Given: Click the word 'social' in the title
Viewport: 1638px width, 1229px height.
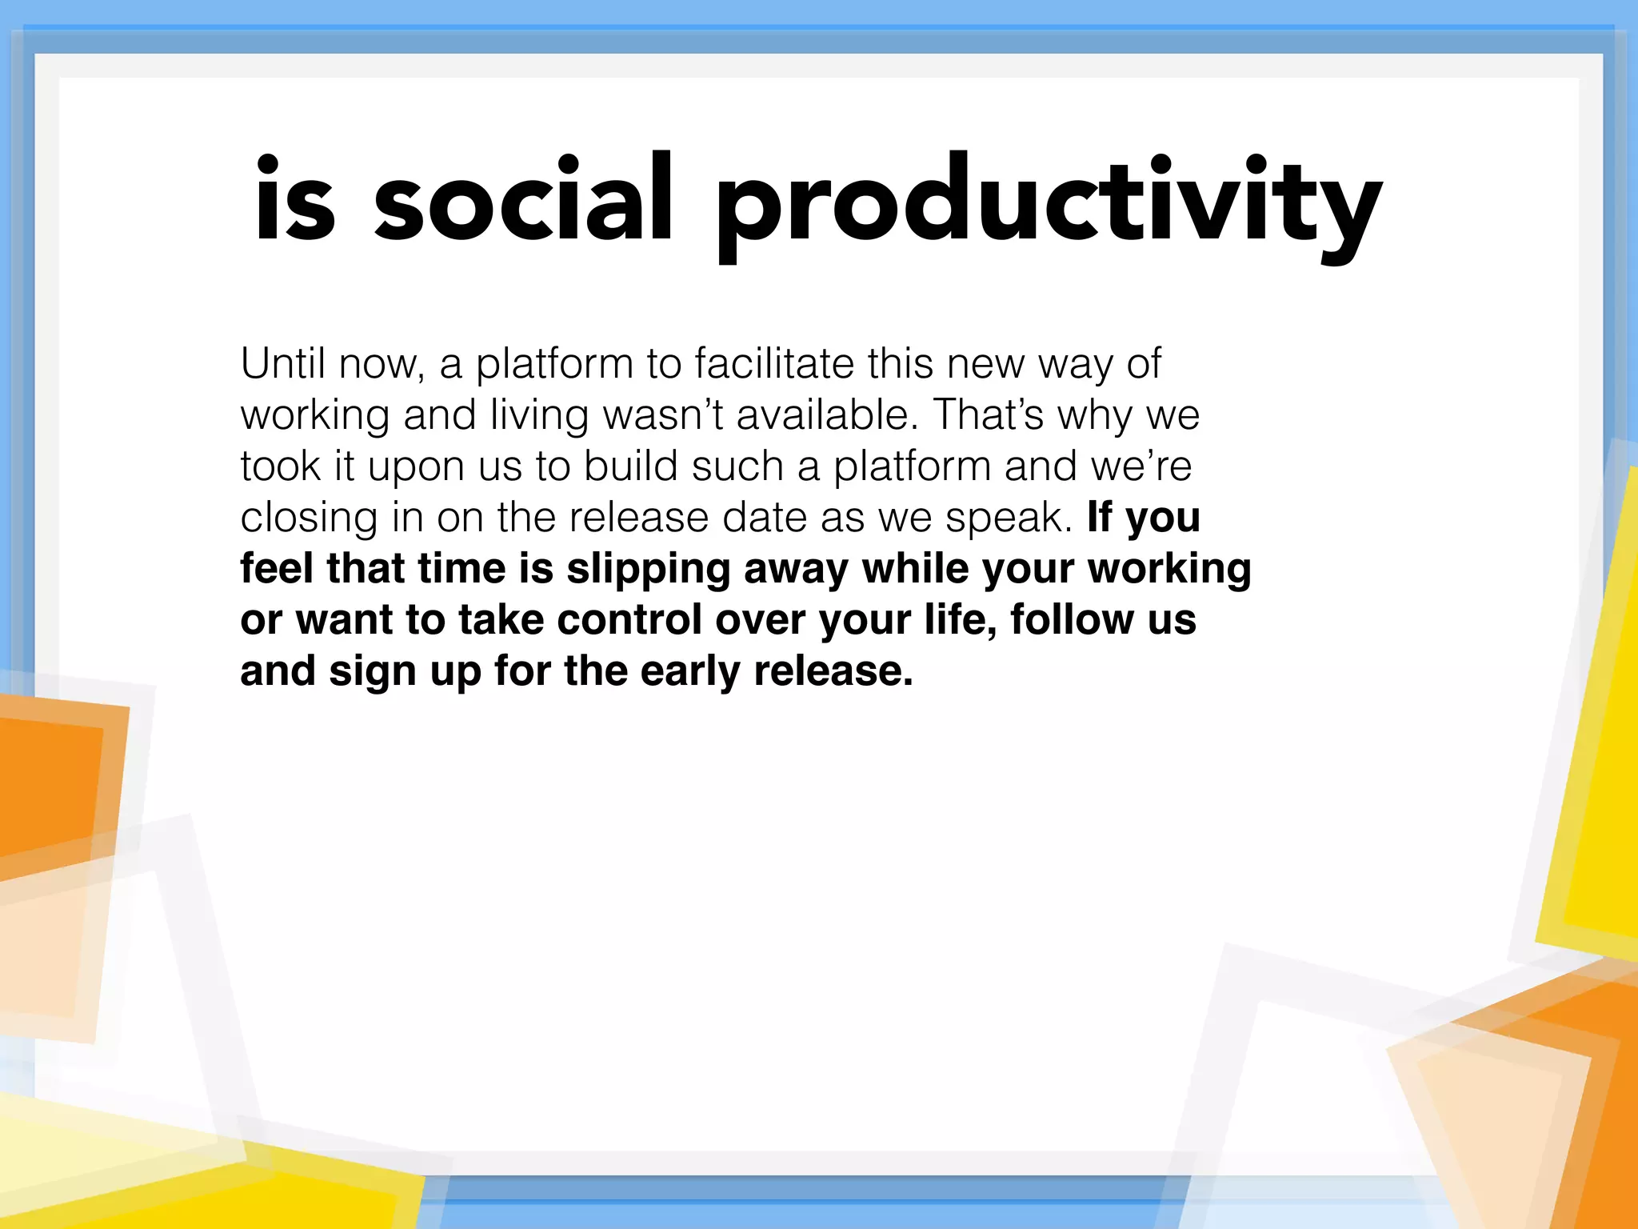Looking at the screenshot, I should coord(524,200).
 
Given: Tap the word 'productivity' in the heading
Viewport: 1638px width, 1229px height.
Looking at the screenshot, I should coord(1048,204).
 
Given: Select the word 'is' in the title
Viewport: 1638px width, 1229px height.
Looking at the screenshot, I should coord(294,200).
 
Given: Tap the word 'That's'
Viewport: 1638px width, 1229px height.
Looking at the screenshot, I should coord(989,414).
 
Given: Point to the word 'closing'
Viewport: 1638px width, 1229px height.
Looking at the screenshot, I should coord(309,518).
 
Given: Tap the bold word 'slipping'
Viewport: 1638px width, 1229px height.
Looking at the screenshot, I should coord(649,570).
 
